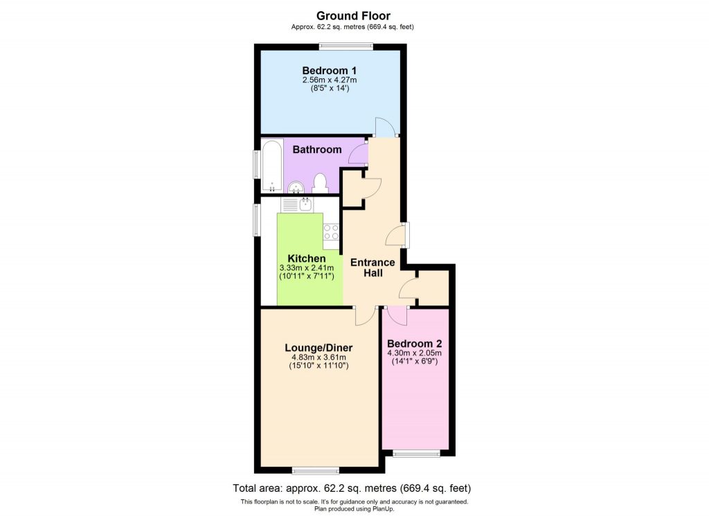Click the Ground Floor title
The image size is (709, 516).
tap(353, 15)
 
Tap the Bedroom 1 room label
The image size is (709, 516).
tap(330, 70)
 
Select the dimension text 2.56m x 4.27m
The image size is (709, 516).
tap(330, 80)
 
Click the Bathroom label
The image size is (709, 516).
tap(316, 150)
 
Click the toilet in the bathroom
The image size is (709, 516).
tap(319, 183)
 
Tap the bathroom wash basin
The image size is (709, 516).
tap(296, 186)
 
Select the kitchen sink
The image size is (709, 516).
tap(298, 204)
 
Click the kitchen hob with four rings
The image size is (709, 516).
tap(331, 236)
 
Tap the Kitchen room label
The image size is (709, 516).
tap(307, 258)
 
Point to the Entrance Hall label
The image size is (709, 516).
tap(373, 267)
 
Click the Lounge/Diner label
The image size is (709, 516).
tap(318, 348)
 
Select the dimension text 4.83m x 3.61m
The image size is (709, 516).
tap(318, 357)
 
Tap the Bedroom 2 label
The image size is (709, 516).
tap(414, 344)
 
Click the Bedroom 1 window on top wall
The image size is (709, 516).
tap(345, 46)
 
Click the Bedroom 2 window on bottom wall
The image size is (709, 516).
tap(416, 454)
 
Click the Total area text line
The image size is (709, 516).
tap(354, 488)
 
